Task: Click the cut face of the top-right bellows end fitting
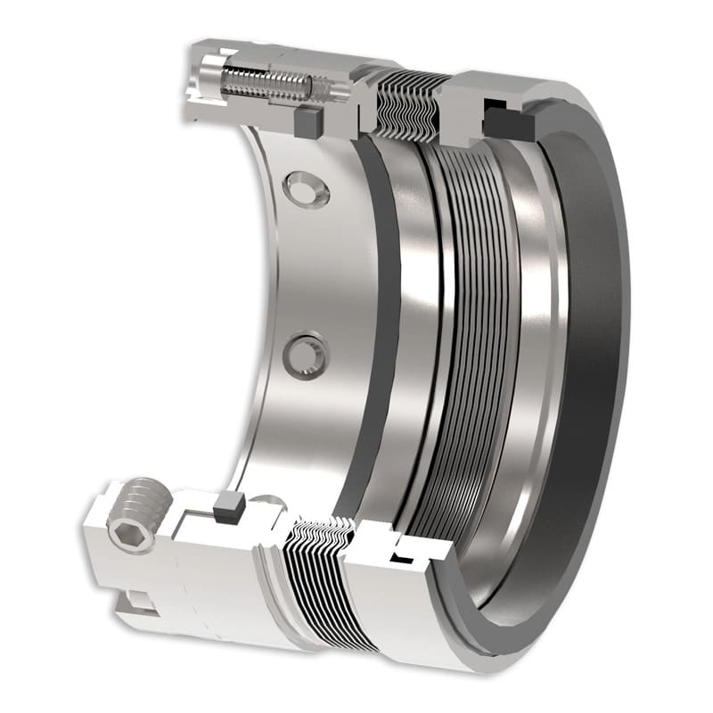pyautogui.click(x=463, y=107)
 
